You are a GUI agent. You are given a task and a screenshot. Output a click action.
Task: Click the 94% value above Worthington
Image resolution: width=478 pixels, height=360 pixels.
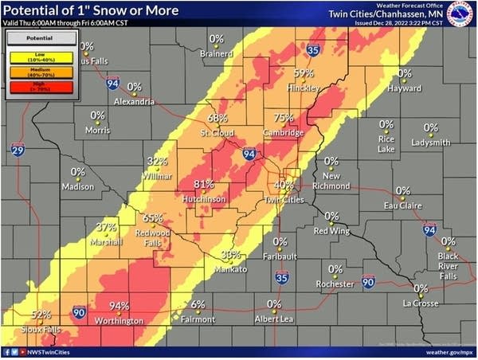119,306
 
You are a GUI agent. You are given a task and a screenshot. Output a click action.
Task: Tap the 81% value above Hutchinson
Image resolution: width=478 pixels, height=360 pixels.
204,183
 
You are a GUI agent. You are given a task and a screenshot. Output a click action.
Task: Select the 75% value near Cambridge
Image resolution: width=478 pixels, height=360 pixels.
284,118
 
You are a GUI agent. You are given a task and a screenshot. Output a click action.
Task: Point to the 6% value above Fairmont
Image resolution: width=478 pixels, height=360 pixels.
198,304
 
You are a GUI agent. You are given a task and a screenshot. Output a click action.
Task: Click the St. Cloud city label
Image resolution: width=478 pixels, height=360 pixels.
215,132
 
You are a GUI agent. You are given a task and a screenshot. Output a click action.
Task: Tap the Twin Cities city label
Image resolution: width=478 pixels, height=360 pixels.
284,198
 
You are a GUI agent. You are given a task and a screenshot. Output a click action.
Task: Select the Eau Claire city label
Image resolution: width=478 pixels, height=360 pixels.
402,205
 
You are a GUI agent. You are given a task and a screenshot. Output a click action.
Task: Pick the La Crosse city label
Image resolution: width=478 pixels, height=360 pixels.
420,303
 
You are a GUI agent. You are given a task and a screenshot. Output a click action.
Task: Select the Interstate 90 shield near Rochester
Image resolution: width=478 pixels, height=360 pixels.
367,281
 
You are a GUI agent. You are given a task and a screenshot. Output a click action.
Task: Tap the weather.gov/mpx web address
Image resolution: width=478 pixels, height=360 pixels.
443,351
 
